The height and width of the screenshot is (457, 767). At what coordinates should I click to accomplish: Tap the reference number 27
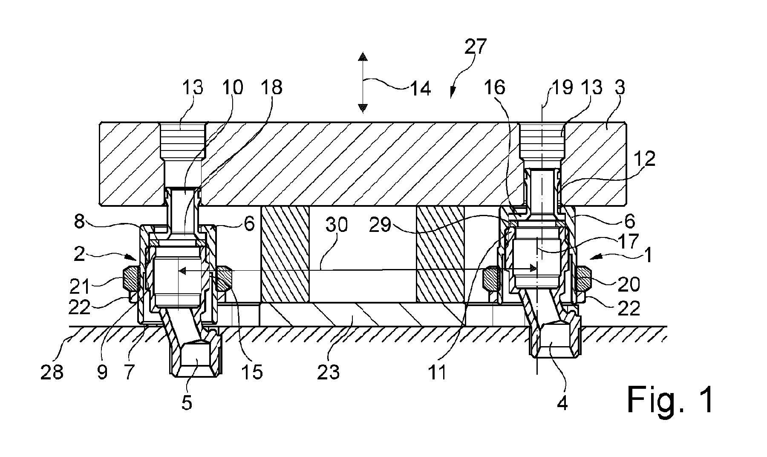tap(475, 47)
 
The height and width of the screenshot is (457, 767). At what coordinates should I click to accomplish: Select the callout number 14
tap(420, 89)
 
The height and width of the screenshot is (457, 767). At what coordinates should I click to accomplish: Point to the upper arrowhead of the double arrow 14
tap(362, 58)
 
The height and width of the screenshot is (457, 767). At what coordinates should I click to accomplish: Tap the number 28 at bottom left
tap(52, 372)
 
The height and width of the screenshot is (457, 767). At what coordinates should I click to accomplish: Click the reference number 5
tap(187, 402)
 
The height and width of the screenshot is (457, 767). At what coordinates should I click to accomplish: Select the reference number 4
tap(562, 402)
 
